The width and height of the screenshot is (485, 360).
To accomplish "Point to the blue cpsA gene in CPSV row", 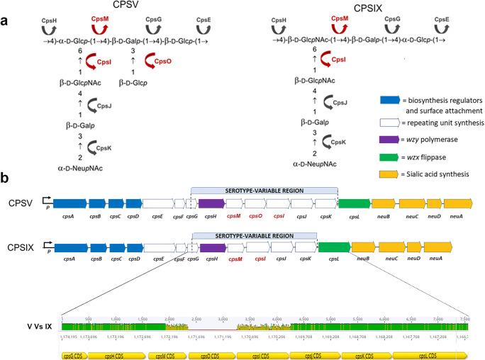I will tap(69, 203).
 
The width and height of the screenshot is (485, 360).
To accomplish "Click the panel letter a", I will tap(6, 21).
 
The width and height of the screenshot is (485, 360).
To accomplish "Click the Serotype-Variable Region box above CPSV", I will tap(264, 191).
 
